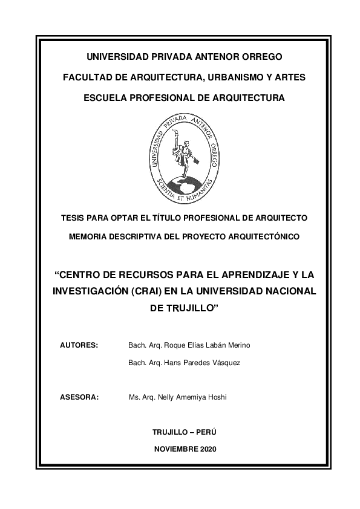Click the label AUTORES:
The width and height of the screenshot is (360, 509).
[79, 345]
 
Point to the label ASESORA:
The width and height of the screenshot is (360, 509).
[79, 398]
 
